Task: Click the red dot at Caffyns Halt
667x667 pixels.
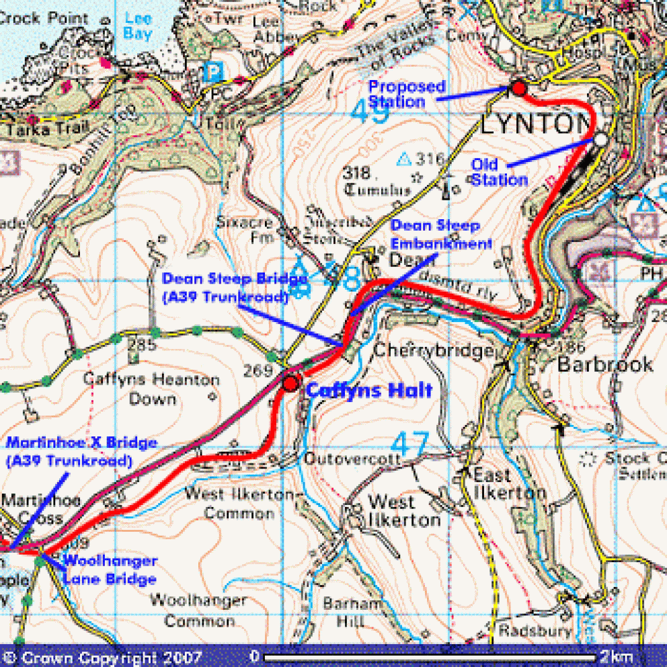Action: (290, 383)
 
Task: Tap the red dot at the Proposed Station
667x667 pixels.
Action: (518, 88)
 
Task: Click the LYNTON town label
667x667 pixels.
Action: (535, 124)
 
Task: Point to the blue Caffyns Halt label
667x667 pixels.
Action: (369, 391)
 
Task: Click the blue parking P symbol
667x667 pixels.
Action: (213, 70)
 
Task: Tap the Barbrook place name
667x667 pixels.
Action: (605, 364)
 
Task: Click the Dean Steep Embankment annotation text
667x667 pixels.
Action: (442, 235)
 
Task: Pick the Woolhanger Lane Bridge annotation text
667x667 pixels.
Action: (110, 570)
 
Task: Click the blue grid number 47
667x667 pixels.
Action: (409, 444)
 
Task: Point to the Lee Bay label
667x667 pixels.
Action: (139, 25)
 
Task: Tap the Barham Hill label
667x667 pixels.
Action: (347, 613)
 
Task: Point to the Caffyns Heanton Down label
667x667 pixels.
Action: (151, 389)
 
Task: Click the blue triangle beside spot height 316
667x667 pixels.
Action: (404, 159)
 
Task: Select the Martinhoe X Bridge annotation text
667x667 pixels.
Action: (81, 452)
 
